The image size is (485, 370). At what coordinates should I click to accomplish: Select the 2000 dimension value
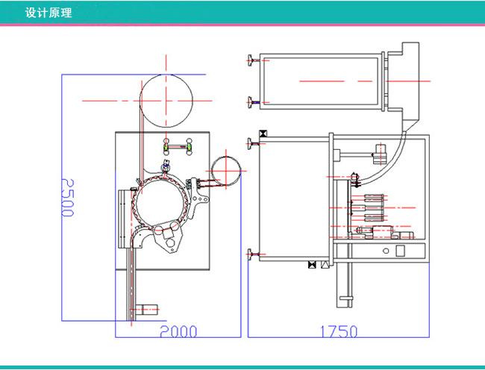tap(177, 331)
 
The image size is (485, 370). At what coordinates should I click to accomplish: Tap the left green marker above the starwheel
tap(167, 148)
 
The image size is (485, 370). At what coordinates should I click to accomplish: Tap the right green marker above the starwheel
tap(189, 148)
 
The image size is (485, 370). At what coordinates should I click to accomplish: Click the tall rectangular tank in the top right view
tap(321, 81)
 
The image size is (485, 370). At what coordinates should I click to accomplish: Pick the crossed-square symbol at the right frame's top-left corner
tap(262, 134)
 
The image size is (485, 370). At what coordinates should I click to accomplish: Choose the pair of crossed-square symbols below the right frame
tap(318, 264)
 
